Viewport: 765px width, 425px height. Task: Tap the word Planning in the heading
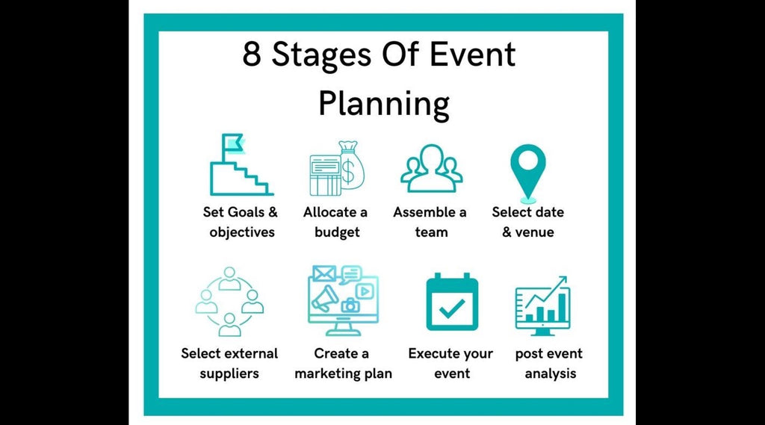pyautogui.click(x=383, y=104)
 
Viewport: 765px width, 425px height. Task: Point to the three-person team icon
pyautogui.click(x=431, y=168)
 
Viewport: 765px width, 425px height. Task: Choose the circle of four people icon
pyautogui.click(x=229, y=301)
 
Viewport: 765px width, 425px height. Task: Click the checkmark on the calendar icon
pyautogui.click(x=451, y=308)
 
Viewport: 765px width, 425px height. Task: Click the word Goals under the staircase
pyautogui.click(x=245, y=212)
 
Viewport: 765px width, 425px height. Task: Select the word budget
pyautogui.click(x=337, y=232)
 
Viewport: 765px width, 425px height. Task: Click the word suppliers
pyautogui.click(x=229, y=373)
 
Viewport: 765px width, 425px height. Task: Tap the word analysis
pyautogui.click(x=550, y=373)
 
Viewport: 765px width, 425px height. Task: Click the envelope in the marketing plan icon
pyautogui.click(x=323, y=273)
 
